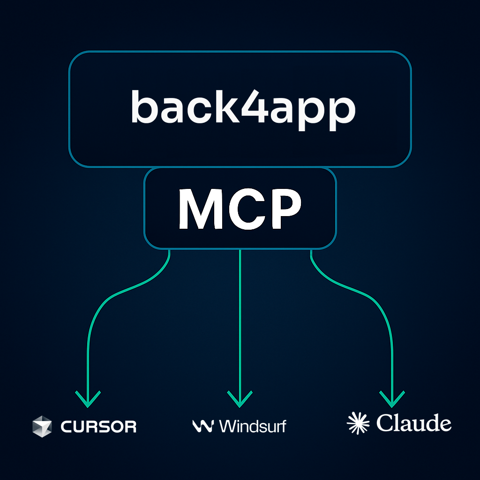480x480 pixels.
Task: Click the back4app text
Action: pos(243,108)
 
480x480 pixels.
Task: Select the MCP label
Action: pos(240,209)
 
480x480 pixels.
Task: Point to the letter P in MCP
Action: pos(281,209)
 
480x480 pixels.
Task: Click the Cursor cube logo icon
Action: pos(42,426)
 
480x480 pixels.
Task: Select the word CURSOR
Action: pos(98,427)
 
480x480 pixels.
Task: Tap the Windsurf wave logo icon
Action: pos(203,426)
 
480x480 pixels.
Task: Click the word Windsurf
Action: pos(252,426)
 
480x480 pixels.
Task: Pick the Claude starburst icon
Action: pos(358,423)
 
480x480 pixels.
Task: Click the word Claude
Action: pos(413,423)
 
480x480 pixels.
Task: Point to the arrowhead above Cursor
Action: pos(88,399)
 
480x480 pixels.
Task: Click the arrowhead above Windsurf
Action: pos(240,399)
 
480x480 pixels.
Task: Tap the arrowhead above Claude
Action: pos(392,399)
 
